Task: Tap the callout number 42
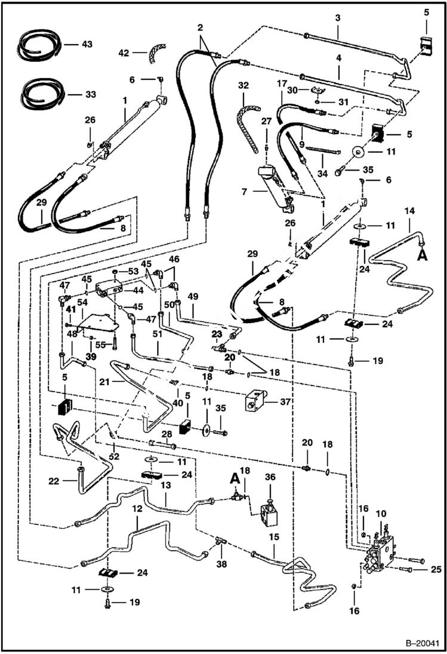[x=123, y=52]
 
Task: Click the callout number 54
[x=81, y=304]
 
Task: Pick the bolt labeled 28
[x=163, y=444]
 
